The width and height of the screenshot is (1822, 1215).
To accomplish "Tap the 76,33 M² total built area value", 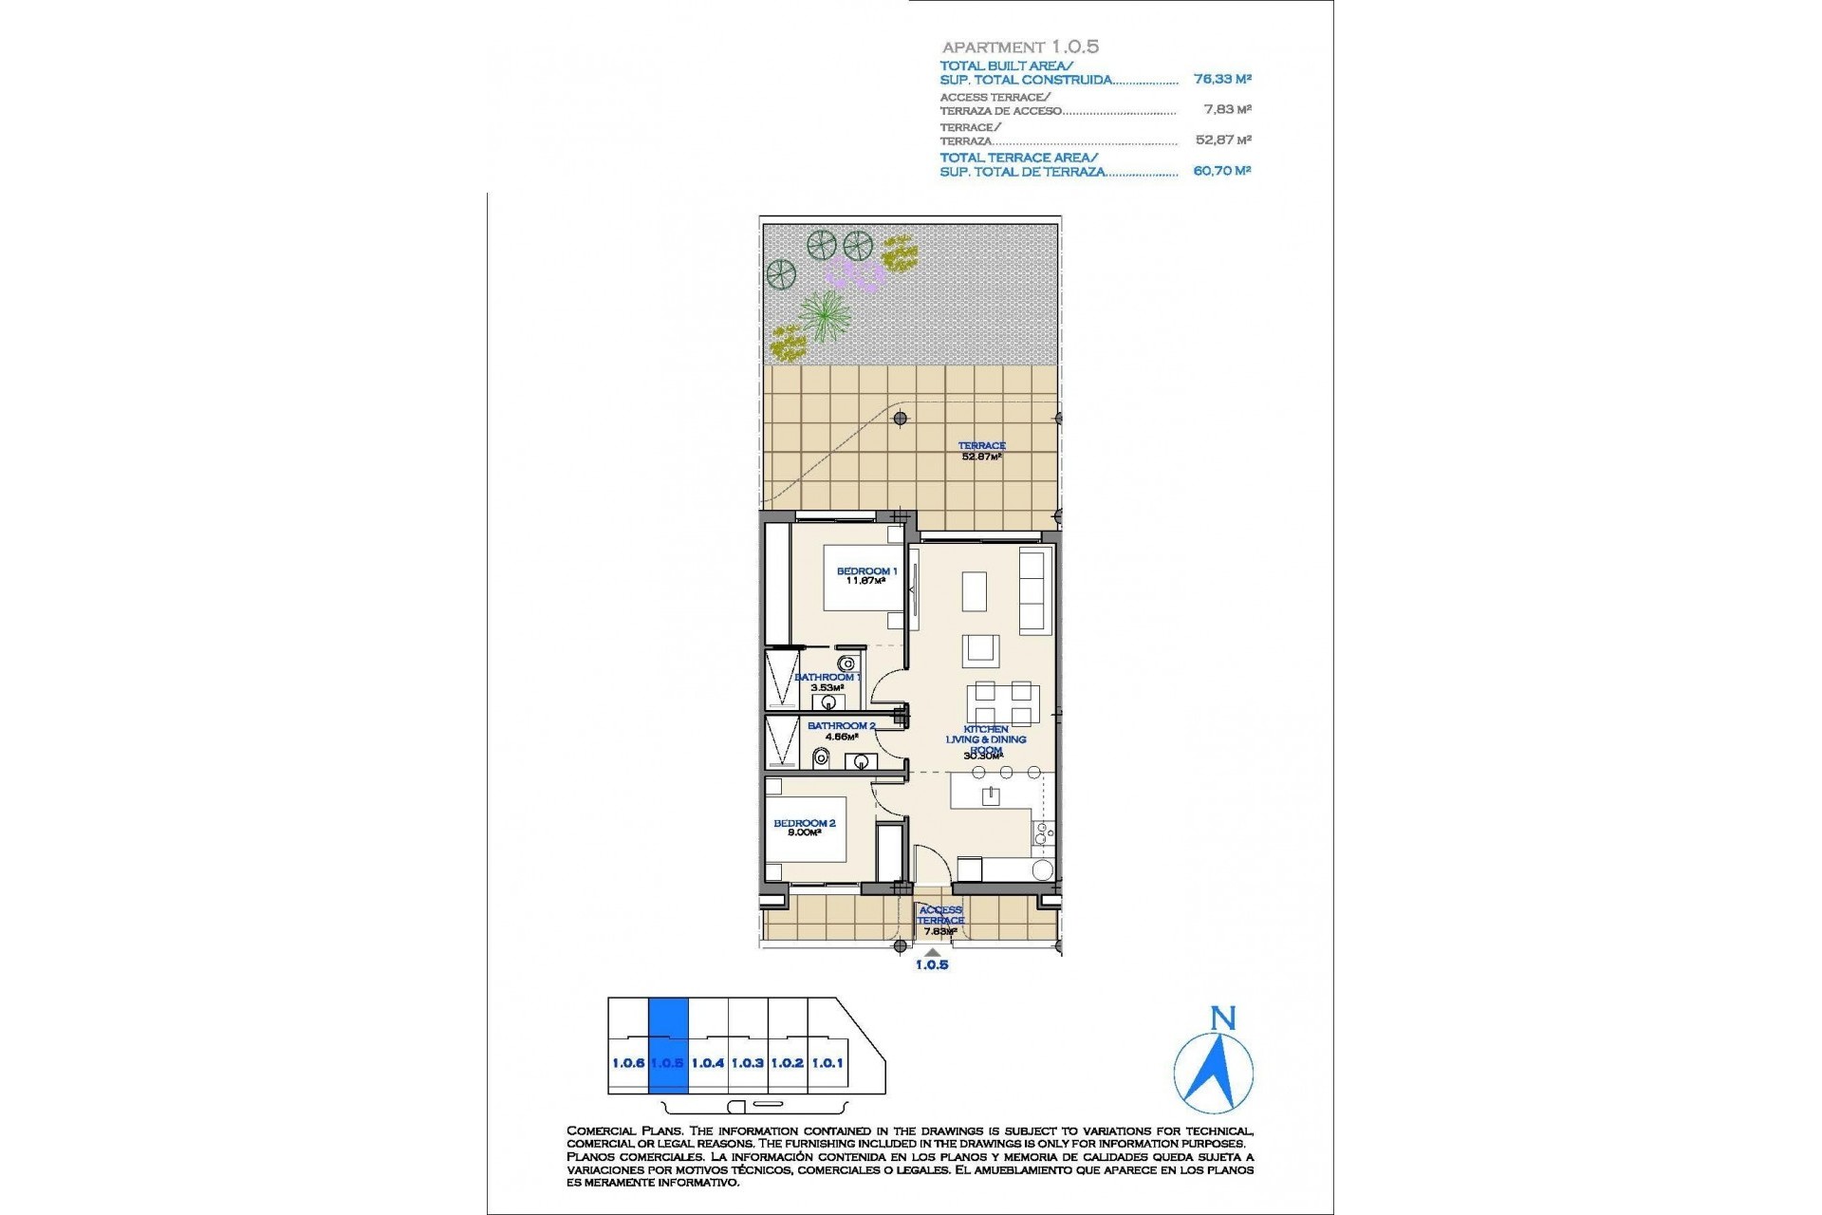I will (1222, 80).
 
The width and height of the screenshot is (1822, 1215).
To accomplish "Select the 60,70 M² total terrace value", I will (1222, 171).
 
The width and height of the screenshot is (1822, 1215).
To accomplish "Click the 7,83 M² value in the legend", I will (1228, 109).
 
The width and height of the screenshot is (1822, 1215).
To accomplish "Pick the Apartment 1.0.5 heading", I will (1020, 47).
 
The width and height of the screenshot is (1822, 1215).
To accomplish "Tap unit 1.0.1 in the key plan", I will (827, 1063).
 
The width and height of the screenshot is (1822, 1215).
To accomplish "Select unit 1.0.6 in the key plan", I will (627, 1063).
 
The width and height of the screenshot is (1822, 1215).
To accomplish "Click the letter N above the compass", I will (1223, 1019).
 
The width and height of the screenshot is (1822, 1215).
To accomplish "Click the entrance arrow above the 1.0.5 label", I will (933, 952).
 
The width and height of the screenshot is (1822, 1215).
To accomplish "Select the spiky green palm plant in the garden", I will (826, 314).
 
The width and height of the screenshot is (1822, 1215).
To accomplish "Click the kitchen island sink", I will (991, 794).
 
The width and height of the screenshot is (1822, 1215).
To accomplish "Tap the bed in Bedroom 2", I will (807, 834).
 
